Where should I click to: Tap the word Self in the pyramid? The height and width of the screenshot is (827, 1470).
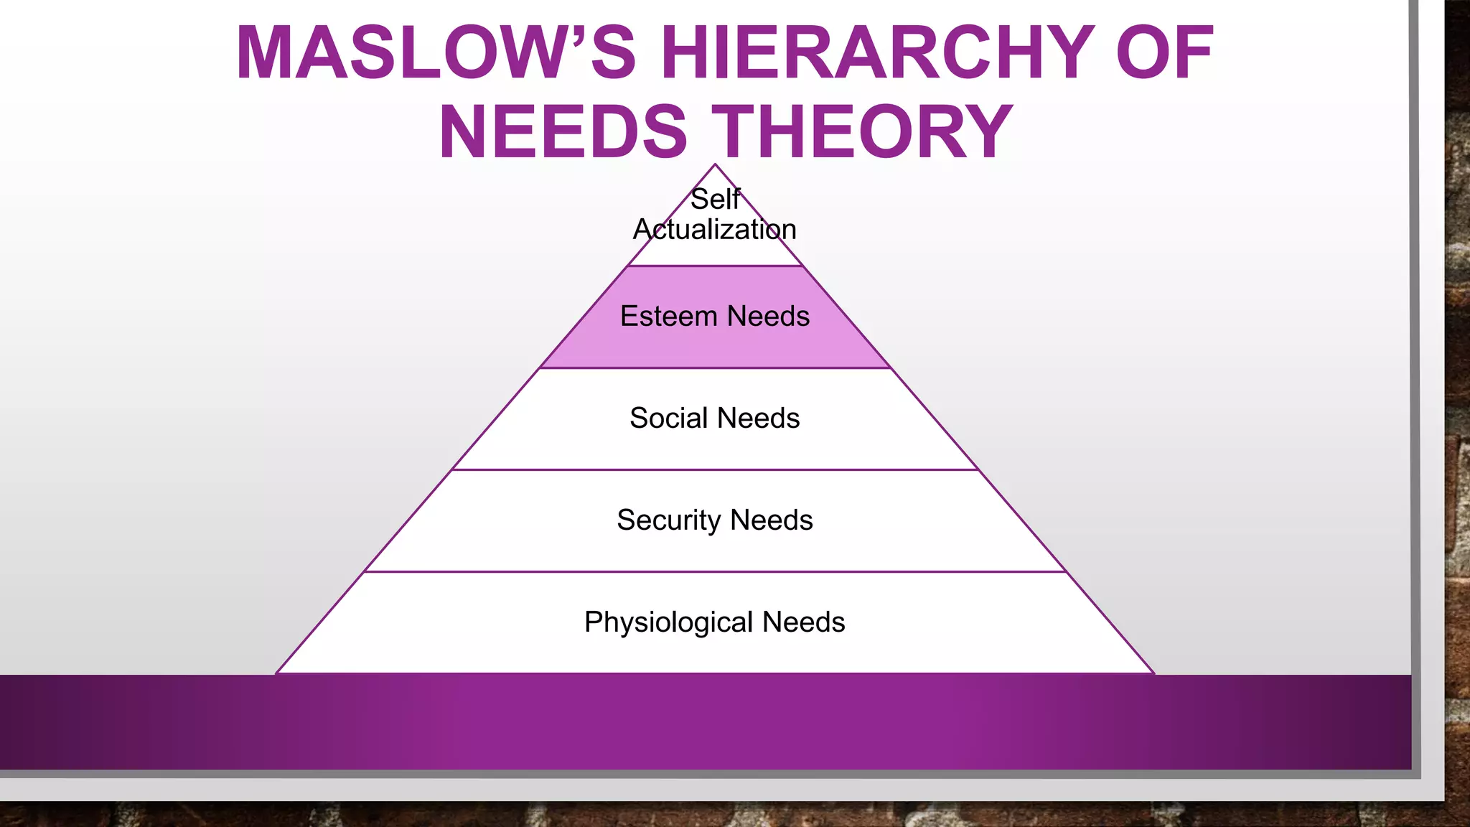[715, 200]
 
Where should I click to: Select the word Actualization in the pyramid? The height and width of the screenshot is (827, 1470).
[715, 230]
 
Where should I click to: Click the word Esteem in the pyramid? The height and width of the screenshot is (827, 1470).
[668, 317]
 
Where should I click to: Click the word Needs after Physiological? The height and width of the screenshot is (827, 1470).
[804, 622]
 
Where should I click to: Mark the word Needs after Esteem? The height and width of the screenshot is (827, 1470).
[768, 317]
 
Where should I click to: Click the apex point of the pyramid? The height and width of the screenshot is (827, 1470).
[715, 165]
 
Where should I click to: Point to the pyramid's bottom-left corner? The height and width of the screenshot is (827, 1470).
[277, 673]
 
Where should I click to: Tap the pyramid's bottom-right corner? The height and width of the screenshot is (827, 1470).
[1153, 673]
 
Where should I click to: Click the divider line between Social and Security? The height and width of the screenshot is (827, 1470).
[715, 470]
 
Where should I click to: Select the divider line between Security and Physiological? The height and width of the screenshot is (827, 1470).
[715, 572]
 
